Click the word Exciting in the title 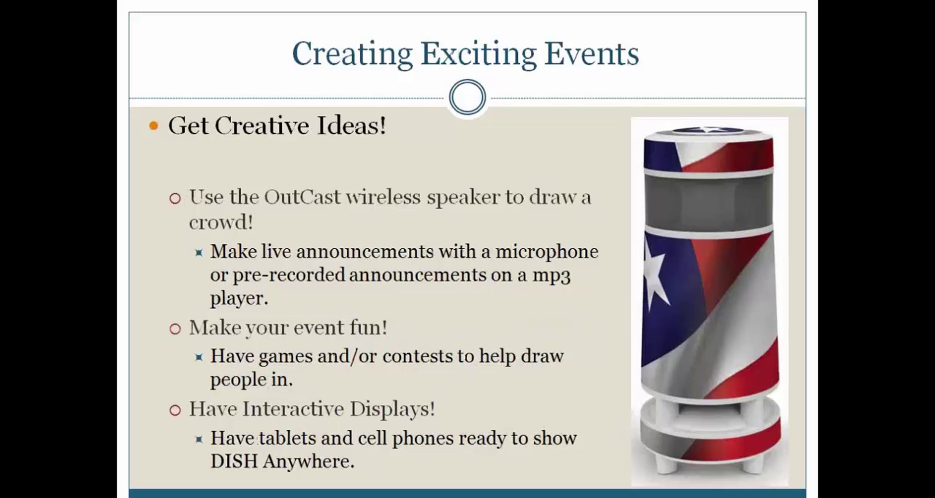[x=478, y=55]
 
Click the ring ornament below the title [x=467, y=97]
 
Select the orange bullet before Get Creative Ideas [x=153, y=126]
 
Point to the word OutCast [x=302, y=197]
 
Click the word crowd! [x=221, y=222]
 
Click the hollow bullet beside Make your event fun [x=175, y=329]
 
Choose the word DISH [x=234, y=461]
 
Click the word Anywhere [x=309, y=462]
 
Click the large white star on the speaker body [x=656, y=273]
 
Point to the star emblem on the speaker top [x=708, y=130]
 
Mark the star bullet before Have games [x=199, y=357]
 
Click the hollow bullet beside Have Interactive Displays [x=175, y=410]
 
